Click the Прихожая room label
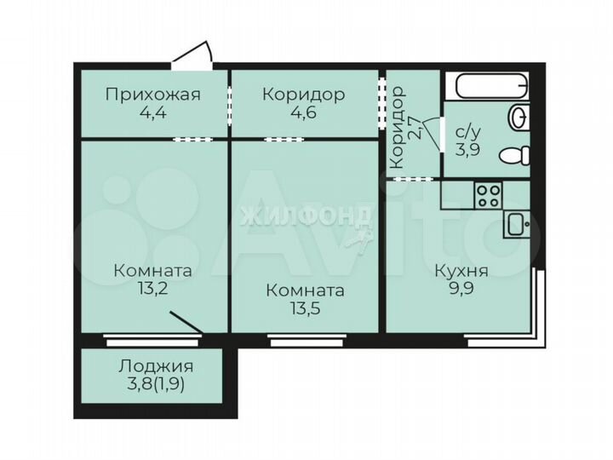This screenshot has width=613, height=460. [153, 94]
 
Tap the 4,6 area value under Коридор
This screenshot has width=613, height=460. [303, 113]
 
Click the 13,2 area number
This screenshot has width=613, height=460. [152, 290]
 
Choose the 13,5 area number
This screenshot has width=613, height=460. [305, 310]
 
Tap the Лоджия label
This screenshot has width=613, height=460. [155, 367]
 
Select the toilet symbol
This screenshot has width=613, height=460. [514, 156]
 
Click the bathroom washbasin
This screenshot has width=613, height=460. [518, 117]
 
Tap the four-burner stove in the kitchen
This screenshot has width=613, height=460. [488, 197]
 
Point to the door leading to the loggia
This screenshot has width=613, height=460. [186, 323]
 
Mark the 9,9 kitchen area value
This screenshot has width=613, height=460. [461, 290]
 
